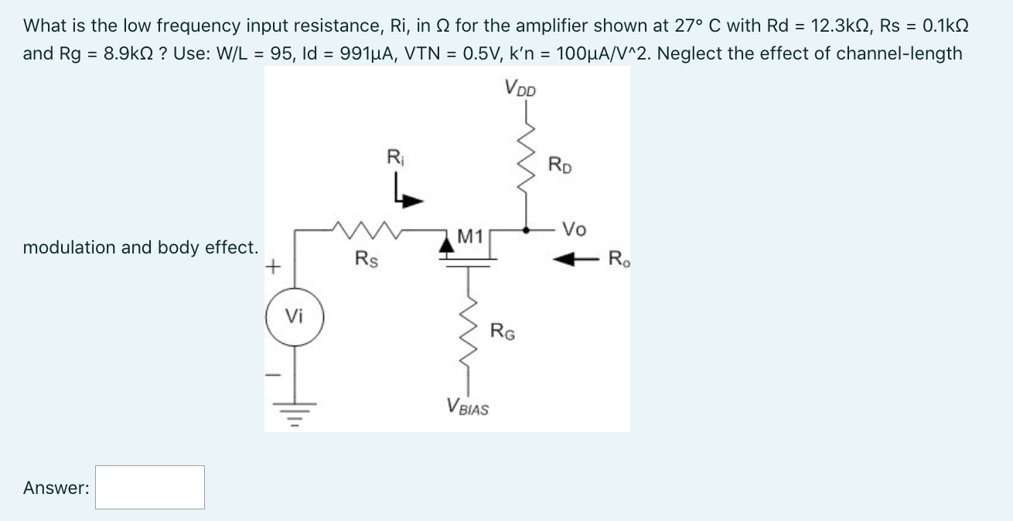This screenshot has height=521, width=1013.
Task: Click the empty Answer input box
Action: click(150, 487)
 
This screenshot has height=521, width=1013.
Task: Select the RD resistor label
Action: click(560, 165)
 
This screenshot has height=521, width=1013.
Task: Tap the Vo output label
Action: click(574, 230)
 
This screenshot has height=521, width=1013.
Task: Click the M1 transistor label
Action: click(470, 235)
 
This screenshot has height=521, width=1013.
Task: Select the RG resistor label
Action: click(503, 332)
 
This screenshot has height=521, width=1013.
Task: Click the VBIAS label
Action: click(468, 407)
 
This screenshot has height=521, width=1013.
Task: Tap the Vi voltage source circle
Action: click(294, 317)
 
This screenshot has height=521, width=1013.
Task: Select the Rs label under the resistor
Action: click(366, 258)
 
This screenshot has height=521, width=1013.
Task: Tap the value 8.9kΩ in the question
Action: click(129, 53)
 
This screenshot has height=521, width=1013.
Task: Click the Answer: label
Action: click(56, 488)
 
